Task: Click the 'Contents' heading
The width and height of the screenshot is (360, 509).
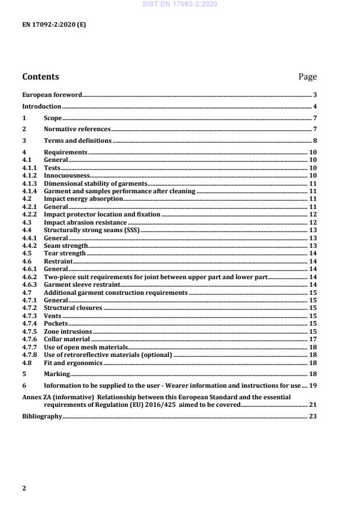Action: click(40, 77)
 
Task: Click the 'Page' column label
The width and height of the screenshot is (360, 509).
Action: click(307, 77)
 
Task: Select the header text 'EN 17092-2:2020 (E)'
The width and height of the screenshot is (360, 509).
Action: click(54, 26)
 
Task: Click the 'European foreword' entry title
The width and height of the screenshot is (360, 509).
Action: click(52, 95)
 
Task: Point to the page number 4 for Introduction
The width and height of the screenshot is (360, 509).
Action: click(314, 107)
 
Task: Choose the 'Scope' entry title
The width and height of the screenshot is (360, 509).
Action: click(53, 118)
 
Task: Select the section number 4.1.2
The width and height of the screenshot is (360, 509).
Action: click(30, 175)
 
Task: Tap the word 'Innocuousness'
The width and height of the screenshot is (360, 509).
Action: click(67, 175)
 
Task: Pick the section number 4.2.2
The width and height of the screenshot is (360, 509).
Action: click(30, 215)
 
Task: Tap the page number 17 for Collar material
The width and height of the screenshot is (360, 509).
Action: click(312, 340)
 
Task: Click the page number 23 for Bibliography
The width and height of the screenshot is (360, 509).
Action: click(312, 416)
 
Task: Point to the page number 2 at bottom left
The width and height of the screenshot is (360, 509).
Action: click(24, 488)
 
